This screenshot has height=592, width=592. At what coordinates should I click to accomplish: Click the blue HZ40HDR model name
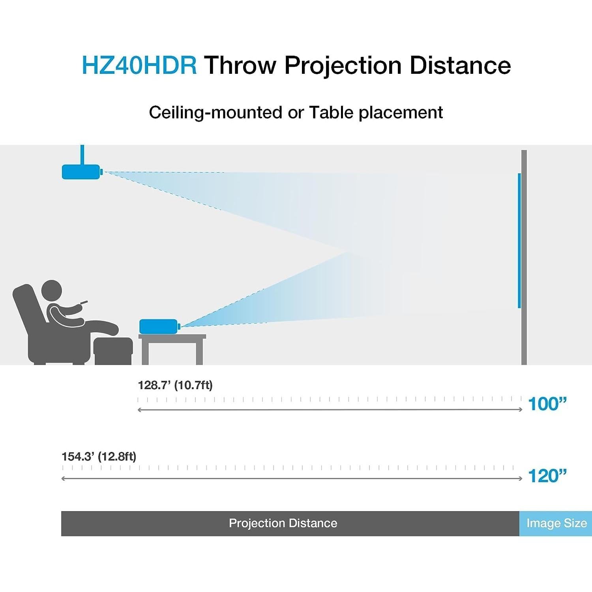pos(139,65)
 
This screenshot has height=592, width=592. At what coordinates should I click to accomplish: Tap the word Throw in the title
pos(240,65)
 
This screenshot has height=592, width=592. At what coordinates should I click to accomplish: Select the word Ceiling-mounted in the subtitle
pos(216,112)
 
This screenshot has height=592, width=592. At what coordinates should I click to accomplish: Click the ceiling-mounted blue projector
pos(81,172)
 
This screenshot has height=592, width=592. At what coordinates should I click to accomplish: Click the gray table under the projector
pos(172,349)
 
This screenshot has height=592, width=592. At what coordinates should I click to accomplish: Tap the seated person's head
pos(52,291)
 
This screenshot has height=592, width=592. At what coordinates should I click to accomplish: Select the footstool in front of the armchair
pos(114,351)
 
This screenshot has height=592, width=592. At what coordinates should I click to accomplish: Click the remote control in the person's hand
pos(83,303)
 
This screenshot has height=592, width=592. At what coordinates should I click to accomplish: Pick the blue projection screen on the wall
pos(519,240)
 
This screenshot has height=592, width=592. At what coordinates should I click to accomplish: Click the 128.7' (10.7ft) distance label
pos(175,385)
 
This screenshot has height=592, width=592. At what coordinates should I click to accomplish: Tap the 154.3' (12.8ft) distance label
pos(99,457)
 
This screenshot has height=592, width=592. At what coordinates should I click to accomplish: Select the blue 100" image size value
pos(547,404)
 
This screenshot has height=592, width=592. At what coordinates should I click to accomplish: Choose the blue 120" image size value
pos(547,476)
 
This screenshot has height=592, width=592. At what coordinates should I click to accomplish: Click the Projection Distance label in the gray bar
pos(283,523)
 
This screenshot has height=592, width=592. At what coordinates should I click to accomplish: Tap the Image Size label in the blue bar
pos(556,523)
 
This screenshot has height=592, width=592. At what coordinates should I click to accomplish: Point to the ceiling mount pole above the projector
pos(82,155)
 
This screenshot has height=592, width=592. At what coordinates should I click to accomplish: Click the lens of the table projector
pos(179,326)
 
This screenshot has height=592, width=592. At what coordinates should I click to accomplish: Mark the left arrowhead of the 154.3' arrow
pos(64,479)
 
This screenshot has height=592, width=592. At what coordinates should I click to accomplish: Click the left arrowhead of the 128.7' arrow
pos(139,410)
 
